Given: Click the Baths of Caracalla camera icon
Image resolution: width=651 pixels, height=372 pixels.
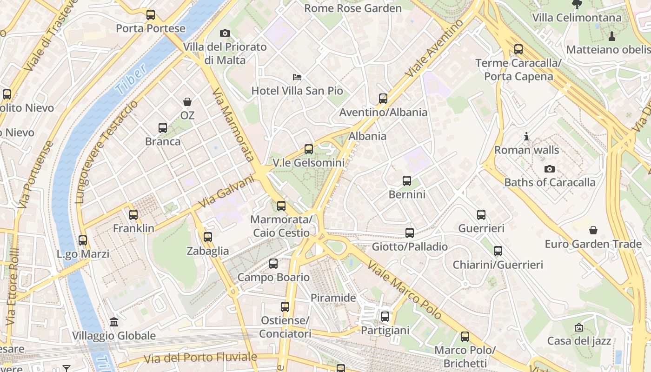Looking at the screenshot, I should (549, 169).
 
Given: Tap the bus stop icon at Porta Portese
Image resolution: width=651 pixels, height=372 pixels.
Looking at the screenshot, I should (150, 15).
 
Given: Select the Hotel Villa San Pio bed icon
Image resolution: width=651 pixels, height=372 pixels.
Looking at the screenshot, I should (297, 77).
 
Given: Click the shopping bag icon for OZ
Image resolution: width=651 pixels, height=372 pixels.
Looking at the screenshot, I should (187, 101).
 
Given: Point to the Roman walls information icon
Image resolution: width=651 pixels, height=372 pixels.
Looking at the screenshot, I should (526, 137).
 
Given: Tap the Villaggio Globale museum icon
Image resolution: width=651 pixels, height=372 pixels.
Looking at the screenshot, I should (113, 322).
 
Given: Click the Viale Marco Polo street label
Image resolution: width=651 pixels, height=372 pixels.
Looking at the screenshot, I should (404, 290).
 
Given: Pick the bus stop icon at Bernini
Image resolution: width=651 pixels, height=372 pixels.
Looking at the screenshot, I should (407, 181).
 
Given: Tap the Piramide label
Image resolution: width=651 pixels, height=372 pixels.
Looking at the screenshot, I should (333, 298).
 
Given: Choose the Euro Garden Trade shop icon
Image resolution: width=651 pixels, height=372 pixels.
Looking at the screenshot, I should (593, 230).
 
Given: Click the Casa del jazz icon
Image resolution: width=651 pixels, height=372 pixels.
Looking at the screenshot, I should (578, 328).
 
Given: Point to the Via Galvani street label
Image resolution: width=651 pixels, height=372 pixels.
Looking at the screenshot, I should (226, 191).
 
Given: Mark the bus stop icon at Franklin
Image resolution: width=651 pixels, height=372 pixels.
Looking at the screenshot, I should (133, 215).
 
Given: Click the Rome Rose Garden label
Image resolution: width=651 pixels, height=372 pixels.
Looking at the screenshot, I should (352, 8).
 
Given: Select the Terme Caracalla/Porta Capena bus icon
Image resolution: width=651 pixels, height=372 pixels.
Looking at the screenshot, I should (518, 49).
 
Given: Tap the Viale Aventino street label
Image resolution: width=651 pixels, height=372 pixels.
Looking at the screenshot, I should (434, 48).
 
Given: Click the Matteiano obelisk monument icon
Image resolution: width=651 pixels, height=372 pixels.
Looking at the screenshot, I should (612, 36).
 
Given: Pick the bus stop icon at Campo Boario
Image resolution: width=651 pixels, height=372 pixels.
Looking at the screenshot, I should (273, 264).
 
